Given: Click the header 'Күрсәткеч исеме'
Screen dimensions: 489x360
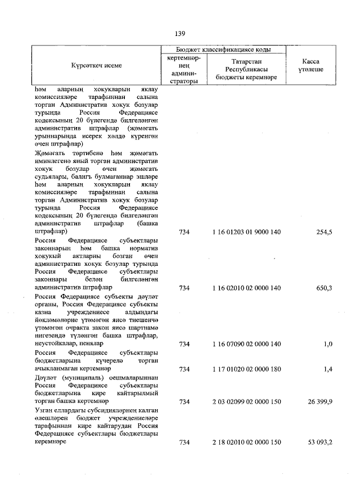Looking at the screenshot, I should pyautogui.click(x=96, y=66).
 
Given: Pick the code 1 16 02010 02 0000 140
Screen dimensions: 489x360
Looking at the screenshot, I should pyautogui.click(x=246, y=288).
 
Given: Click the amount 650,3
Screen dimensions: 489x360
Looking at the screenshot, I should pyautogui.click(x=324, y=288).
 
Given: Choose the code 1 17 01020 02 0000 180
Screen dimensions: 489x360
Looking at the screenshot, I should pyautogui.click(x=246, y=369).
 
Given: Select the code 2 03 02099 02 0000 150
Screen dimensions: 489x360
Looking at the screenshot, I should pyautogui.click(x=246, y=402).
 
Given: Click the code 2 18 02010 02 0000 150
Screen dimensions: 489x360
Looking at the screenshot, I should pyautogui.click(x=246, y=442).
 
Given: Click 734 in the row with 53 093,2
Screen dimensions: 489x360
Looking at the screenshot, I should pyautogui.click(x=184, y=442).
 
